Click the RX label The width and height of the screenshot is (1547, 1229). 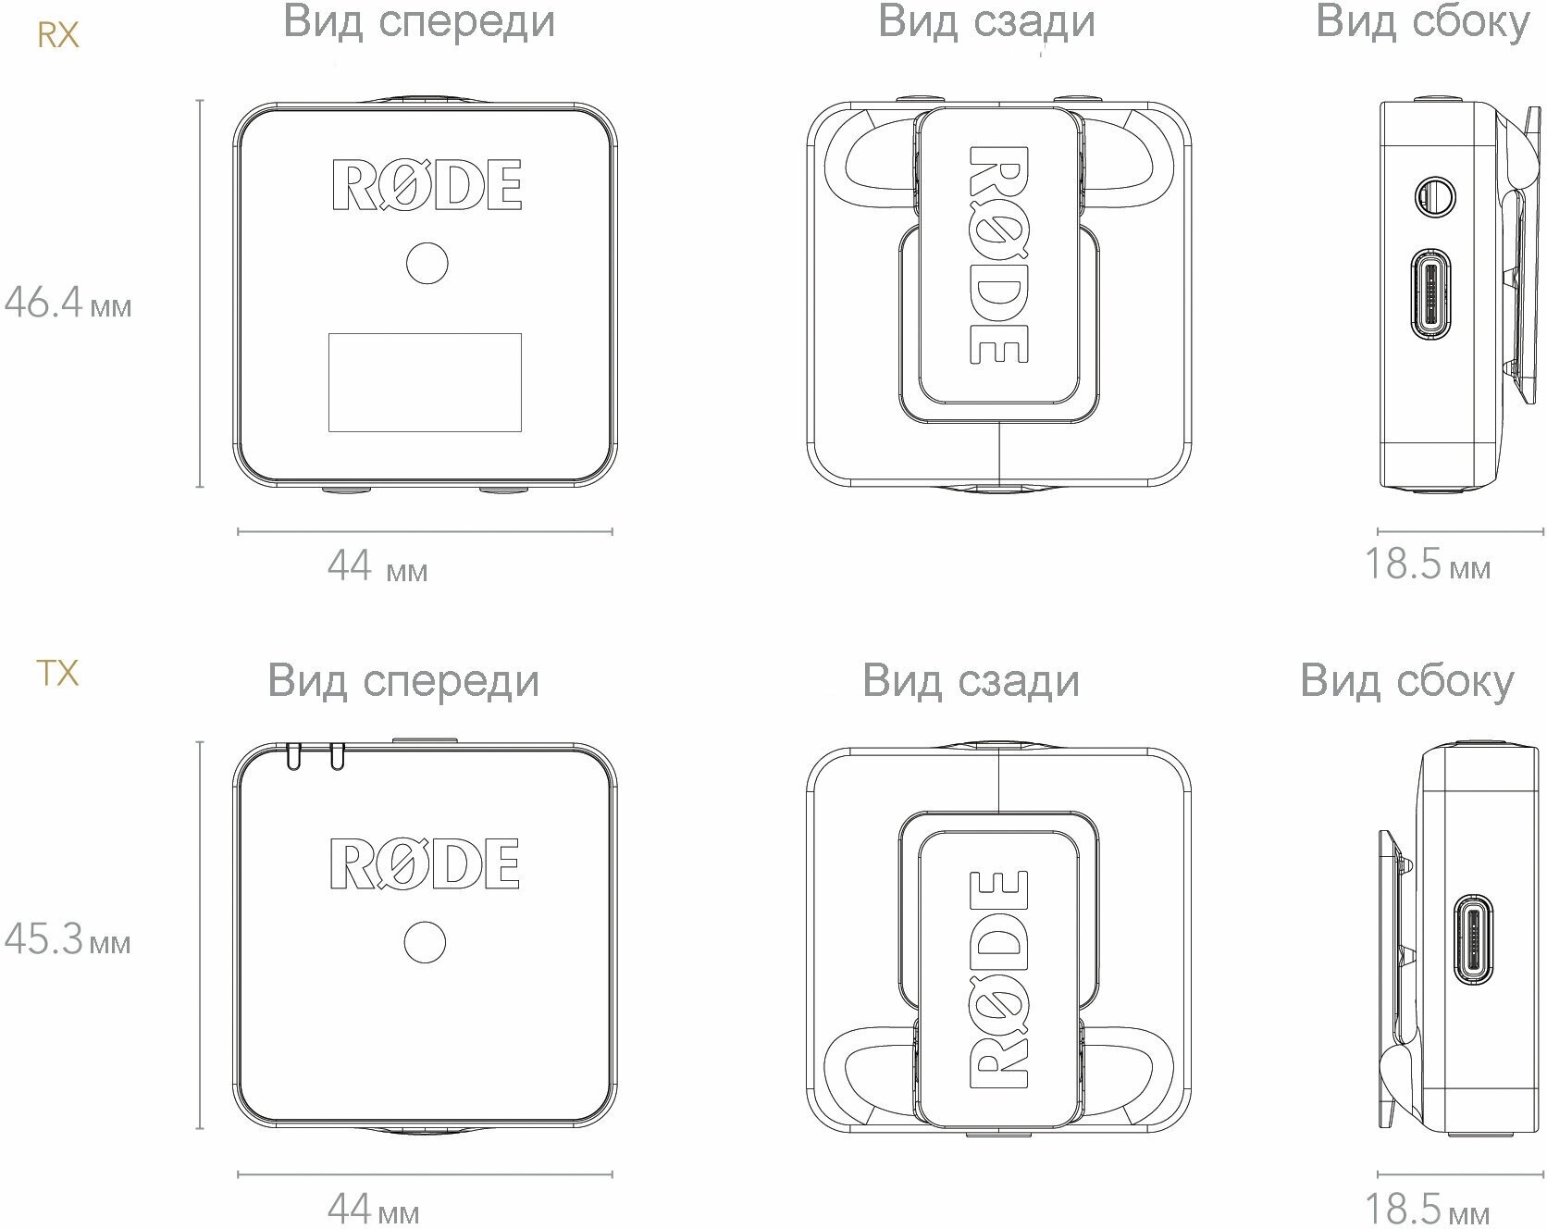[57, 35]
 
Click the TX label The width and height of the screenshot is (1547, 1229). [56, 673]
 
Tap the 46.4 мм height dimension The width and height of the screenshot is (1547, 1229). [68, 302]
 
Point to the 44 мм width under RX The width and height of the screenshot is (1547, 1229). [377, 565]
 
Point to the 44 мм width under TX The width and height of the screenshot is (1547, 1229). [373, 1208]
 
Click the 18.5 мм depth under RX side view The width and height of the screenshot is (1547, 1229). [1428, 564]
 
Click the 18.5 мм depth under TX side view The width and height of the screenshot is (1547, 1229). [1428, 1208]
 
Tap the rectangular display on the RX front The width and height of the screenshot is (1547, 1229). [425, 382]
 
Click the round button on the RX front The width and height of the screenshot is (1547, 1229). [427, 263]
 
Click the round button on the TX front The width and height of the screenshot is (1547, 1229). [425, 943]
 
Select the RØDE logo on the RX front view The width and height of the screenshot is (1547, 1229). [427, 185]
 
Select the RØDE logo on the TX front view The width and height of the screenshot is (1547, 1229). [425, 863]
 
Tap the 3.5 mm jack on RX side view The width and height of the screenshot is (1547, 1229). [1435, 196]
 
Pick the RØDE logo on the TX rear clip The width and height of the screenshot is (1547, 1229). [999, 978]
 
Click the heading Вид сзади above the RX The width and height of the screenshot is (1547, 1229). [986, 22]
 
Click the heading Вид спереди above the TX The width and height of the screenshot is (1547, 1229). [403, 681]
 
